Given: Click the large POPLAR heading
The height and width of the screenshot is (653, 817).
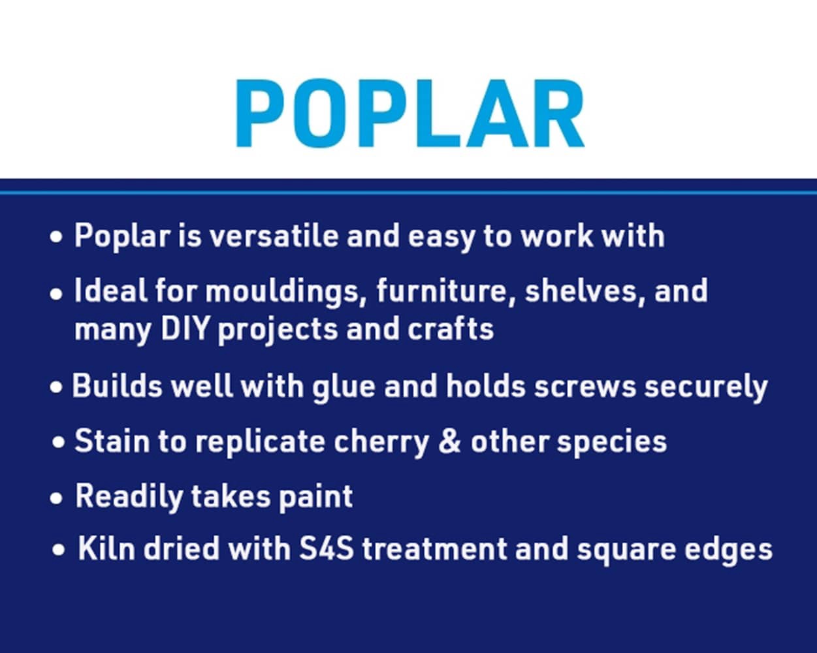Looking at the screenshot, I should pos(409,115).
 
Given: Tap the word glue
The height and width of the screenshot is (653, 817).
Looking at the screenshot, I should pos(344,387).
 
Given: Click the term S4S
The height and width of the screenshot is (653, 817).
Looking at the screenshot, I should pos(327,549).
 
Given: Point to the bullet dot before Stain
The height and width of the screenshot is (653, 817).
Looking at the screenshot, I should pos(59,443).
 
